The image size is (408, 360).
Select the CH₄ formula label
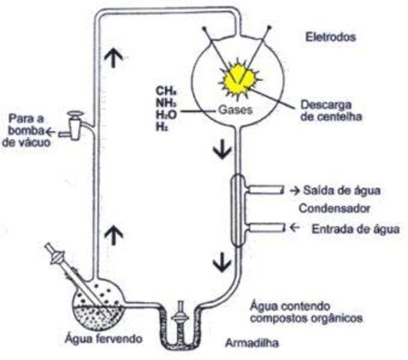click(166, 91)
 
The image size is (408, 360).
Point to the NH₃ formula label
click(166, 104)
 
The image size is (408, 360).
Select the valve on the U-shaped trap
click(180, 315)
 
